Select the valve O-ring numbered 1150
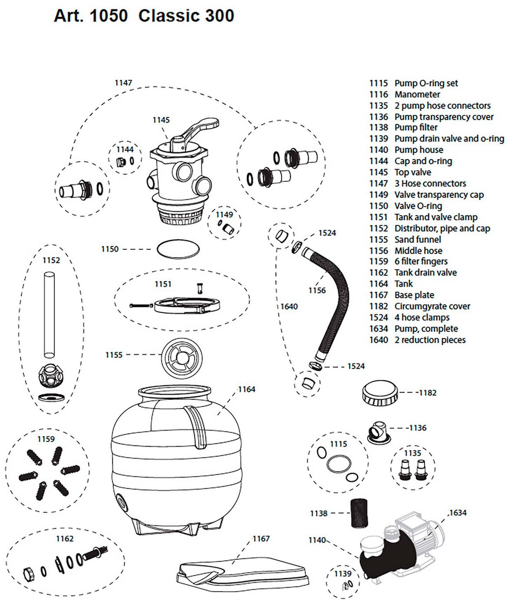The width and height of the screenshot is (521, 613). [x=178, y=250]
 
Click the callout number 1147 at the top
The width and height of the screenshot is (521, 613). [x=123, y=83]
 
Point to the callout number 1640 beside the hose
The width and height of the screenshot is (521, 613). [x=289, y=307]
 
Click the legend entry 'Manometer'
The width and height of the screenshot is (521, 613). [x=417, y=95]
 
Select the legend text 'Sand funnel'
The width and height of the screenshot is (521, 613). [x=417, y=240]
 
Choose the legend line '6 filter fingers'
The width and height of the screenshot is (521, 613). [x=421, y=261]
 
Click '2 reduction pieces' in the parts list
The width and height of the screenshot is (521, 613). [x=429, y=340]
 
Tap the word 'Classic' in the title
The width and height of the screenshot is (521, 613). [x=166, y=16]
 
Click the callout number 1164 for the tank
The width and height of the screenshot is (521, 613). [x=247, y=389]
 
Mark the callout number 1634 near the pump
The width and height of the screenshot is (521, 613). [x=458, y=513]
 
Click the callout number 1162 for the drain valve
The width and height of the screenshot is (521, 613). [x=65, y=539]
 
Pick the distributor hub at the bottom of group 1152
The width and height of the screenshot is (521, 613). [x=51, y=376]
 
